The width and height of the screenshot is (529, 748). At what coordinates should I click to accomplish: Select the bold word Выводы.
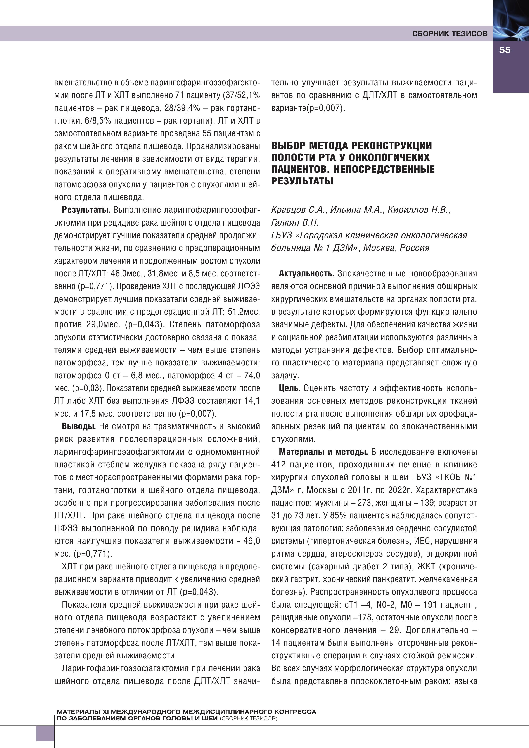pos(79,426)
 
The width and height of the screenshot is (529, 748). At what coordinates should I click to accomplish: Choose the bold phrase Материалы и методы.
pos(323,452)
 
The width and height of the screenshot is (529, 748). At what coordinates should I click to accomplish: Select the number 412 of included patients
pos(279,465)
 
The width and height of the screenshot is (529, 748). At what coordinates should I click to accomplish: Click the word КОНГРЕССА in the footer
pos(295,712)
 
